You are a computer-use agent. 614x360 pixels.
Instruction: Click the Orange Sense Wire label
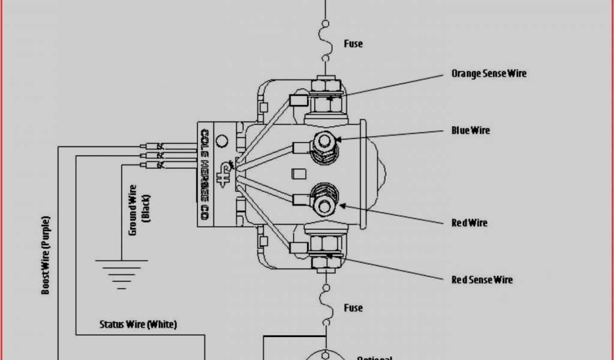pos(489,74)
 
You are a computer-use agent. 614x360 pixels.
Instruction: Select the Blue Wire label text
pos(471,131)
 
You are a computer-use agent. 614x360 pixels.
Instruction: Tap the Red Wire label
pos(469,223)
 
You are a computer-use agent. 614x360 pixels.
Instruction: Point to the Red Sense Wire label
pos(482,280)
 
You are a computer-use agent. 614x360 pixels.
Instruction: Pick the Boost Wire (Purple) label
pos(46,255)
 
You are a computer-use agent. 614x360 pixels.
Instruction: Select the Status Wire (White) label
pos(138,325)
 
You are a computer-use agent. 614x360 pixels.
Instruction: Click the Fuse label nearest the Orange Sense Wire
pos(353,44)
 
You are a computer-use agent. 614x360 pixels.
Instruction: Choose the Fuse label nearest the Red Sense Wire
pos(353,308)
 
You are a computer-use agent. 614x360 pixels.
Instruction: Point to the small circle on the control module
pos(221,142)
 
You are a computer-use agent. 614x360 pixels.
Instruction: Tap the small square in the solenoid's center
pos(295,174)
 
